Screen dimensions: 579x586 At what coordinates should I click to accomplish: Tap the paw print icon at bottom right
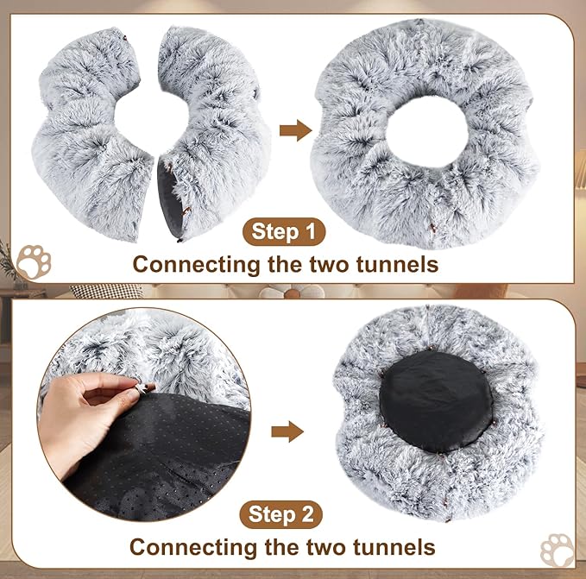pyautogui.click(x=557, y=551)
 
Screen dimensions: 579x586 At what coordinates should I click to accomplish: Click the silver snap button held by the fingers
pyautogui.click(x=132, y=393)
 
